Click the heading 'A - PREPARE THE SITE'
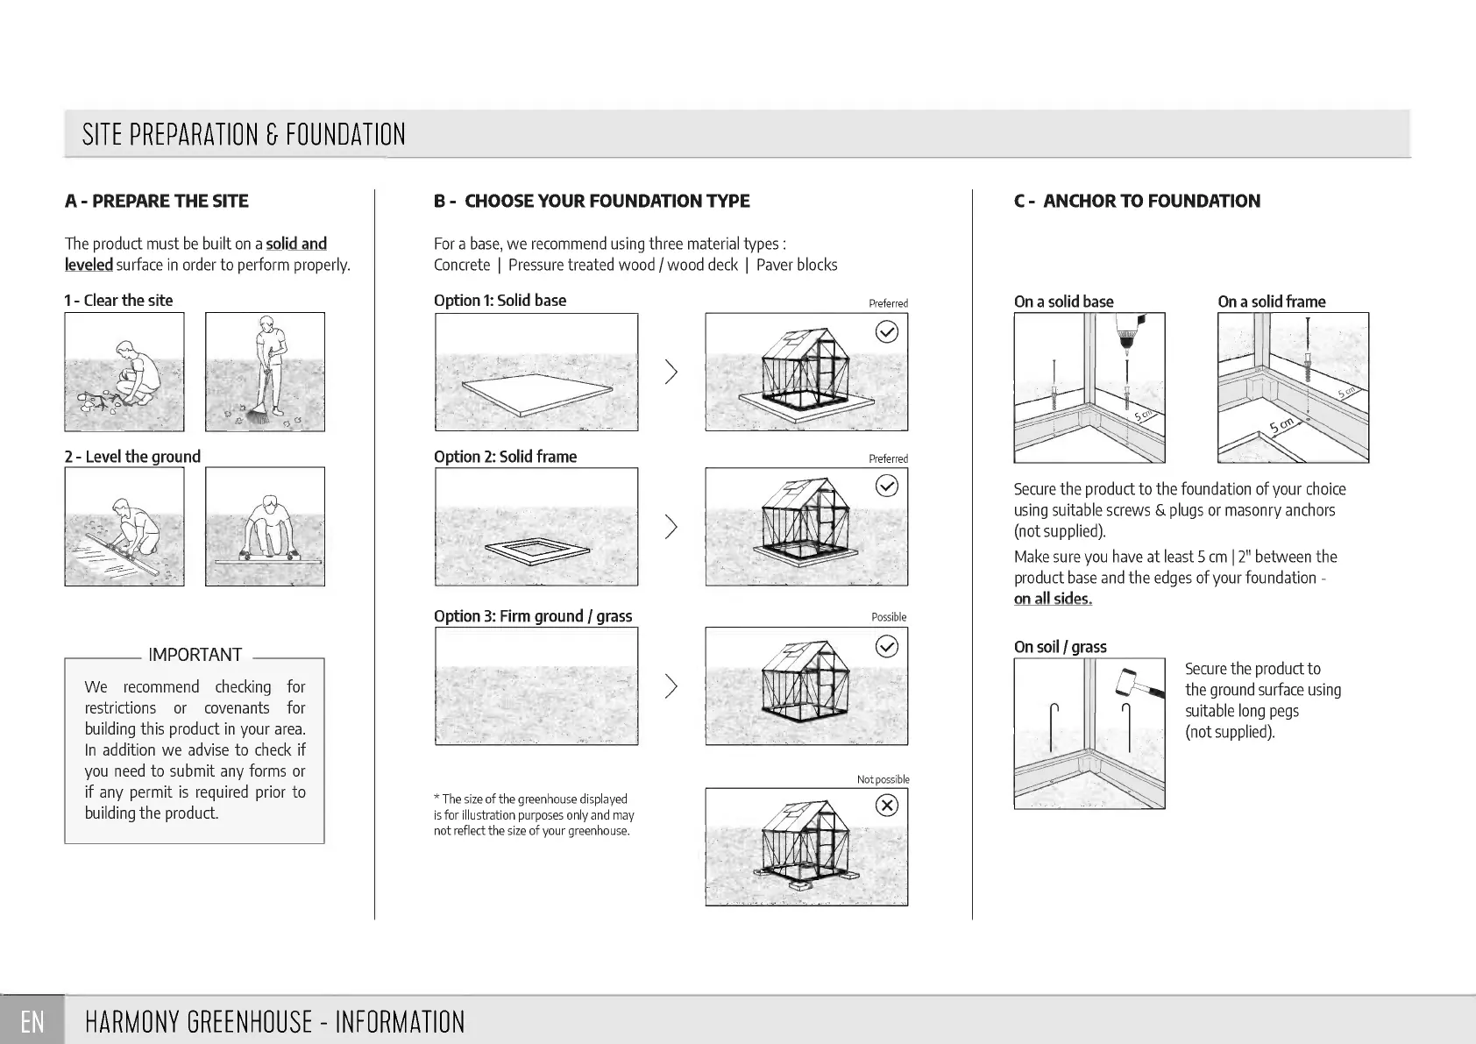(157, 201)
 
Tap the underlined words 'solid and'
(296, 244)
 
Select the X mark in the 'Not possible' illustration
(887, 805)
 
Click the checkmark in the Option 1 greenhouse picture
(887, 331)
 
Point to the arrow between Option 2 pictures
(671, 527)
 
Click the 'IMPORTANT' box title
(195, 655)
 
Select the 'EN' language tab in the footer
(32, 1021)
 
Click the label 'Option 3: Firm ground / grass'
(533, 616)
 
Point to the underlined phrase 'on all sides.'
(1053, 599)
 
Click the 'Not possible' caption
(883, 779)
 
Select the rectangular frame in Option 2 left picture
(536, 550)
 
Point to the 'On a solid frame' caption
(1271, 302)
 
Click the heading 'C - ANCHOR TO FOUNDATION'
(1137, 201)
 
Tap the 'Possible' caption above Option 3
(889, 617)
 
